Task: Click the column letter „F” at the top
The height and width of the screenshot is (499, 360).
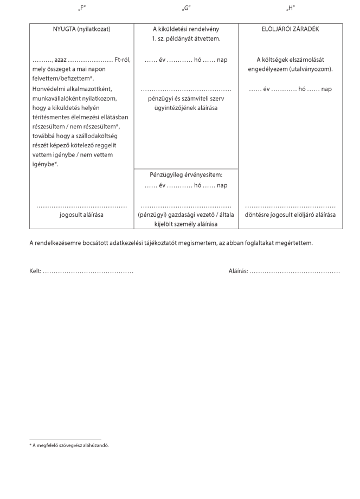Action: point(82,9)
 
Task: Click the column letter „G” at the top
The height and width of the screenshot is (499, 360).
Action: point(186,9)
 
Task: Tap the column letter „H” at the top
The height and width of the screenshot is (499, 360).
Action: point(290,9)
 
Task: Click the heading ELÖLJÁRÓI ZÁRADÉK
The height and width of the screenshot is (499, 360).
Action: point(290,29)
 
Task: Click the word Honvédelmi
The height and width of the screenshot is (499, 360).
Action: point(48,89)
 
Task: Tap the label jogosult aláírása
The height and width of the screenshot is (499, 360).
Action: point(82,215)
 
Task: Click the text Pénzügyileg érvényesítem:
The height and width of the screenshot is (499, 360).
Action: point(186,174)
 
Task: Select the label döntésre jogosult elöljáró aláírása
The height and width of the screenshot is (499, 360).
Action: point(290,215)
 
